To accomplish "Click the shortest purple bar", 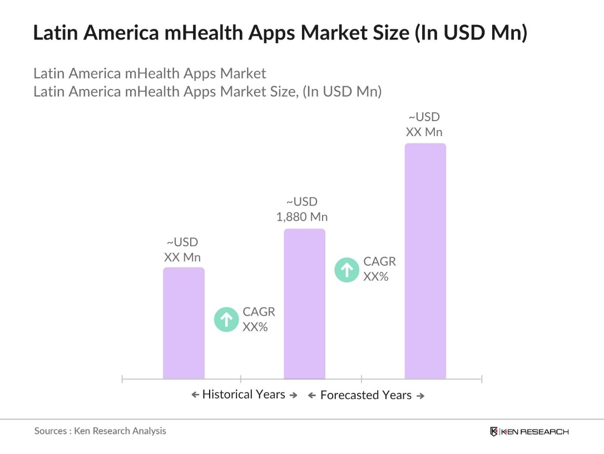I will [184, 323].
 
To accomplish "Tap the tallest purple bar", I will [425, 261].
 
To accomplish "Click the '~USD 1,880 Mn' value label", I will [302, 209].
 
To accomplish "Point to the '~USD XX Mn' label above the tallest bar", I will [424, 124].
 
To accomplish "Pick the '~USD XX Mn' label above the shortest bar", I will [182, 250].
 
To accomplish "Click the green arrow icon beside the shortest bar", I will [226, 320].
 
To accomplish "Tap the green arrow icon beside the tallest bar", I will [346, 270].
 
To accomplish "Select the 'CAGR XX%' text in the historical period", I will [259, 320].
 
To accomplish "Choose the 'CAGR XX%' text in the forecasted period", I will [379, 269].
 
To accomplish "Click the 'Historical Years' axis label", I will [244, 395].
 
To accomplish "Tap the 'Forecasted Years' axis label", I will [366, 395].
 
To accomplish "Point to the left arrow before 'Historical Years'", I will [195, 395].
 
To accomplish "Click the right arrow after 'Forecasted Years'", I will [420, 396].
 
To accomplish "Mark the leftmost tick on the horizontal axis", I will [122, 379].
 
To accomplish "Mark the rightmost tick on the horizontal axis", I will [482, 379].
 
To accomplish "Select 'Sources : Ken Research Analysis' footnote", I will [100, 431].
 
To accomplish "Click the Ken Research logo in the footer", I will [529, 432].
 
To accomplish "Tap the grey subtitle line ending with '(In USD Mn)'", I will [207, 91].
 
